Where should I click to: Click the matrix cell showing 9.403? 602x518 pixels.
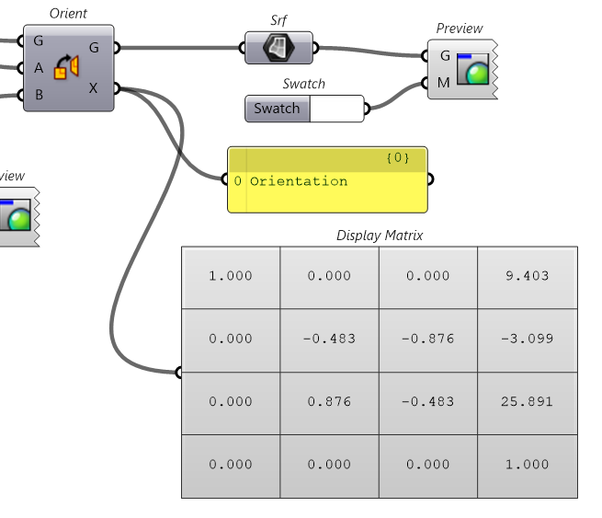coord(528,276)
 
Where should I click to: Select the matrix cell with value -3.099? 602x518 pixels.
coord(528,339)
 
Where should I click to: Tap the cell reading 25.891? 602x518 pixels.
coord(528,401)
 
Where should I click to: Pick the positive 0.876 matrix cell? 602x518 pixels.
coord(329,401)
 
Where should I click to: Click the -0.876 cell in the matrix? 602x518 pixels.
coord(428,339)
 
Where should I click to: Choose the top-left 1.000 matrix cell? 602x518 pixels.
coord(231,276)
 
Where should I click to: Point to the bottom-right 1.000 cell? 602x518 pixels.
coord(528,465)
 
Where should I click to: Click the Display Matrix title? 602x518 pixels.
coord(380,236)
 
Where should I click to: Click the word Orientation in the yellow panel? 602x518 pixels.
coord(299,181)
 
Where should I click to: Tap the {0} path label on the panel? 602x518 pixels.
coord(397,158)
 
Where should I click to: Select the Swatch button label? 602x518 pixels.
coord(277,109)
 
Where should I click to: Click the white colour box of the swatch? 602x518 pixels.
coord(336,109)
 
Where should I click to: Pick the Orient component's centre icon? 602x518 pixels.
coord(67,68)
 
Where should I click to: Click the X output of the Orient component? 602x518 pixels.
coord(94,88)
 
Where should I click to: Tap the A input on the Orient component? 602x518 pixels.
coord(39,67)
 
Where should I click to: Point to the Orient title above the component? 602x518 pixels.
coord(69,14)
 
